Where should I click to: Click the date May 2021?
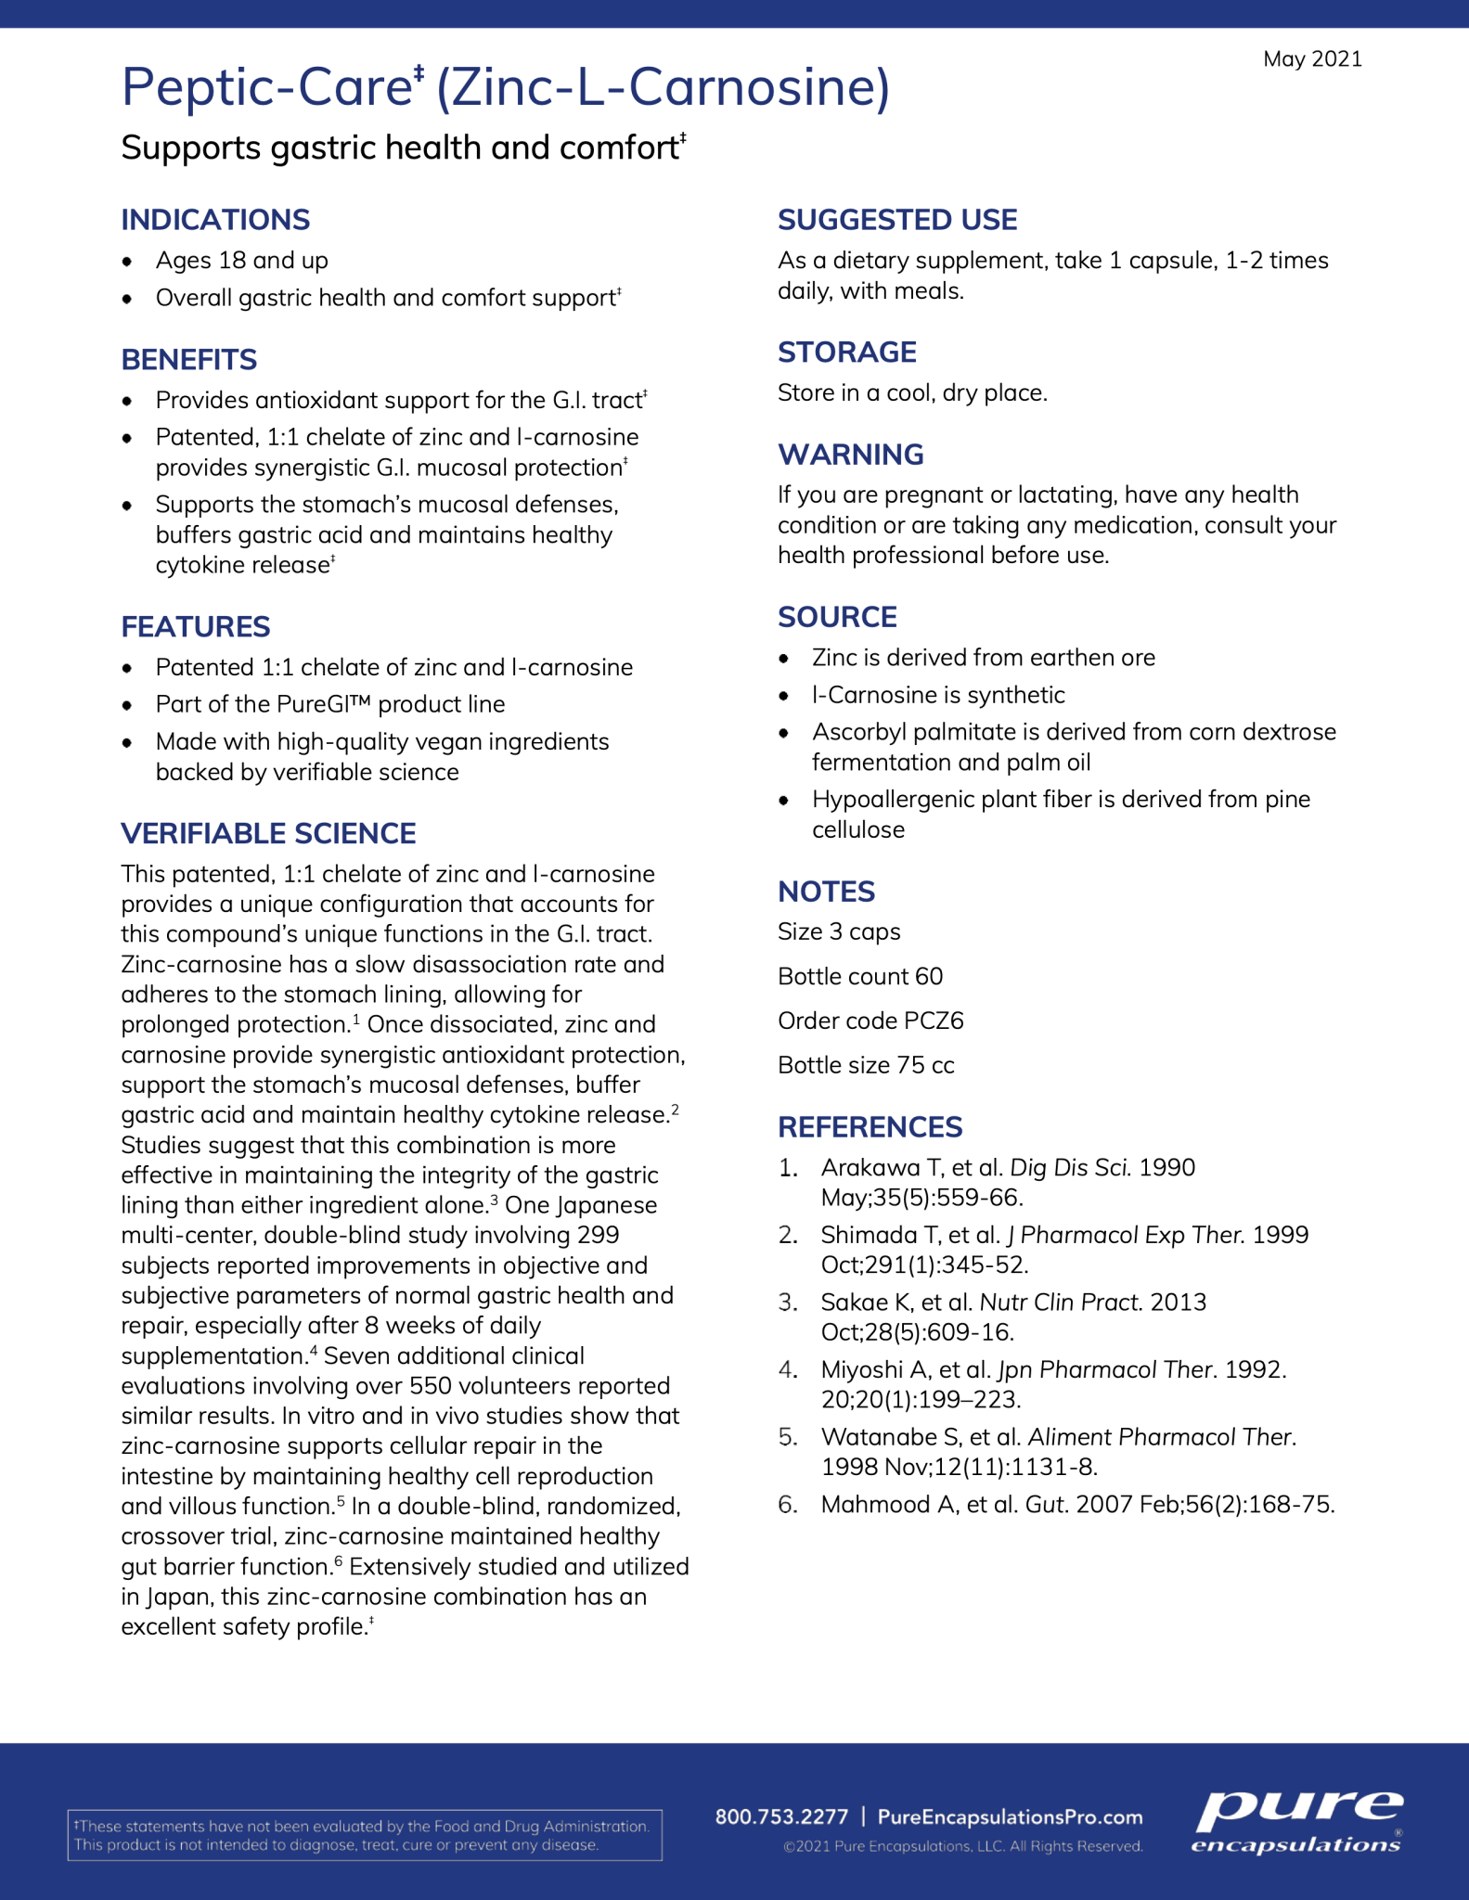[x=1312, y=59]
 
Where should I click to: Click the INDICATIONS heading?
[x=215, y=220]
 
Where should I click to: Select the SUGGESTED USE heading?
[x=897, y=220]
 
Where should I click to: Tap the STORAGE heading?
[x=846, y=353]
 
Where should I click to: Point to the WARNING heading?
[x=850, y=455]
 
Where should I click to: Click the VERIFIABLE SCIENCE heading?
[x=268, y=833]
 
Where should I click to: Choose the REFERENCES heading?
[x=870, y=1127]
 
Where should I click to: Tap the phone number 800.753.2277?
[x=781, y=1817]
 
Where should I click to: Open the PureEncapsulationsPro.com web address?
[x=1010, y=1817]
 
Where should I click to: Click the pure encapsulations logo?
[x=1297, y=1822]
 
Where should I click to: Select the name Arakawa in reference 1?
[x=870, y=1168]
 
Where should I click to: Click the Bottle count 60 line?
[x=860, y=977]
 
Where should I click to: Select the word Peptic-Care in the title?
[x=267, y=87]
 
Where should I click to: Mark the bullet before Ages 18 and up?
[x=127, y=262]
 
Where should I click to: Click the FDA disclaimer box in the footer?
[x=365, y=1835]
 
